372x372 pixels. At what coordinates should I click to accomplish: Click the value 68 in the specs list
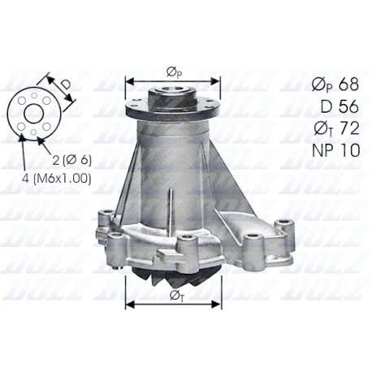click(348, 84)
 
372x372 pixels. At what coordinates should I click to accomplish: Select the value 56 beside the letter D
click(348, 106)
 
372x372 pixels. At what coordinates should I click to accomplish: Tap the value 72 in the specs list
click(349, 128)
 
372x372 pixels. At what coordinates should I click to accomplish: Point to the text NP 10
click(336, 150)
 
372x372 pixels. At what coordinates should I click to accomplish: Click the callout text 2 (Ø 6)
click(72, 161)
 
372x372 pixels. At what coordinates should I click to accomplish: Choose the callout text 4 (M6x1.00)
click(56, 179)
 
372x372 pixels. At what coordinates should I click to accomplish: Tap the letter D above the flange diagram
click(65, 84)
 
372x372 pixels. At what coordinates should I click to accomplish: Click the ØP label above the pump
click(174, 72)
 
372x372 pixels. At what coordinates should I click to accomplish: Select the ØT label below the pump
click(176, 296)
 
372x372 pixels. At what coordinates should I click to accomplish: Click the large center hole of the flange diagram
click(34, 114)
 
